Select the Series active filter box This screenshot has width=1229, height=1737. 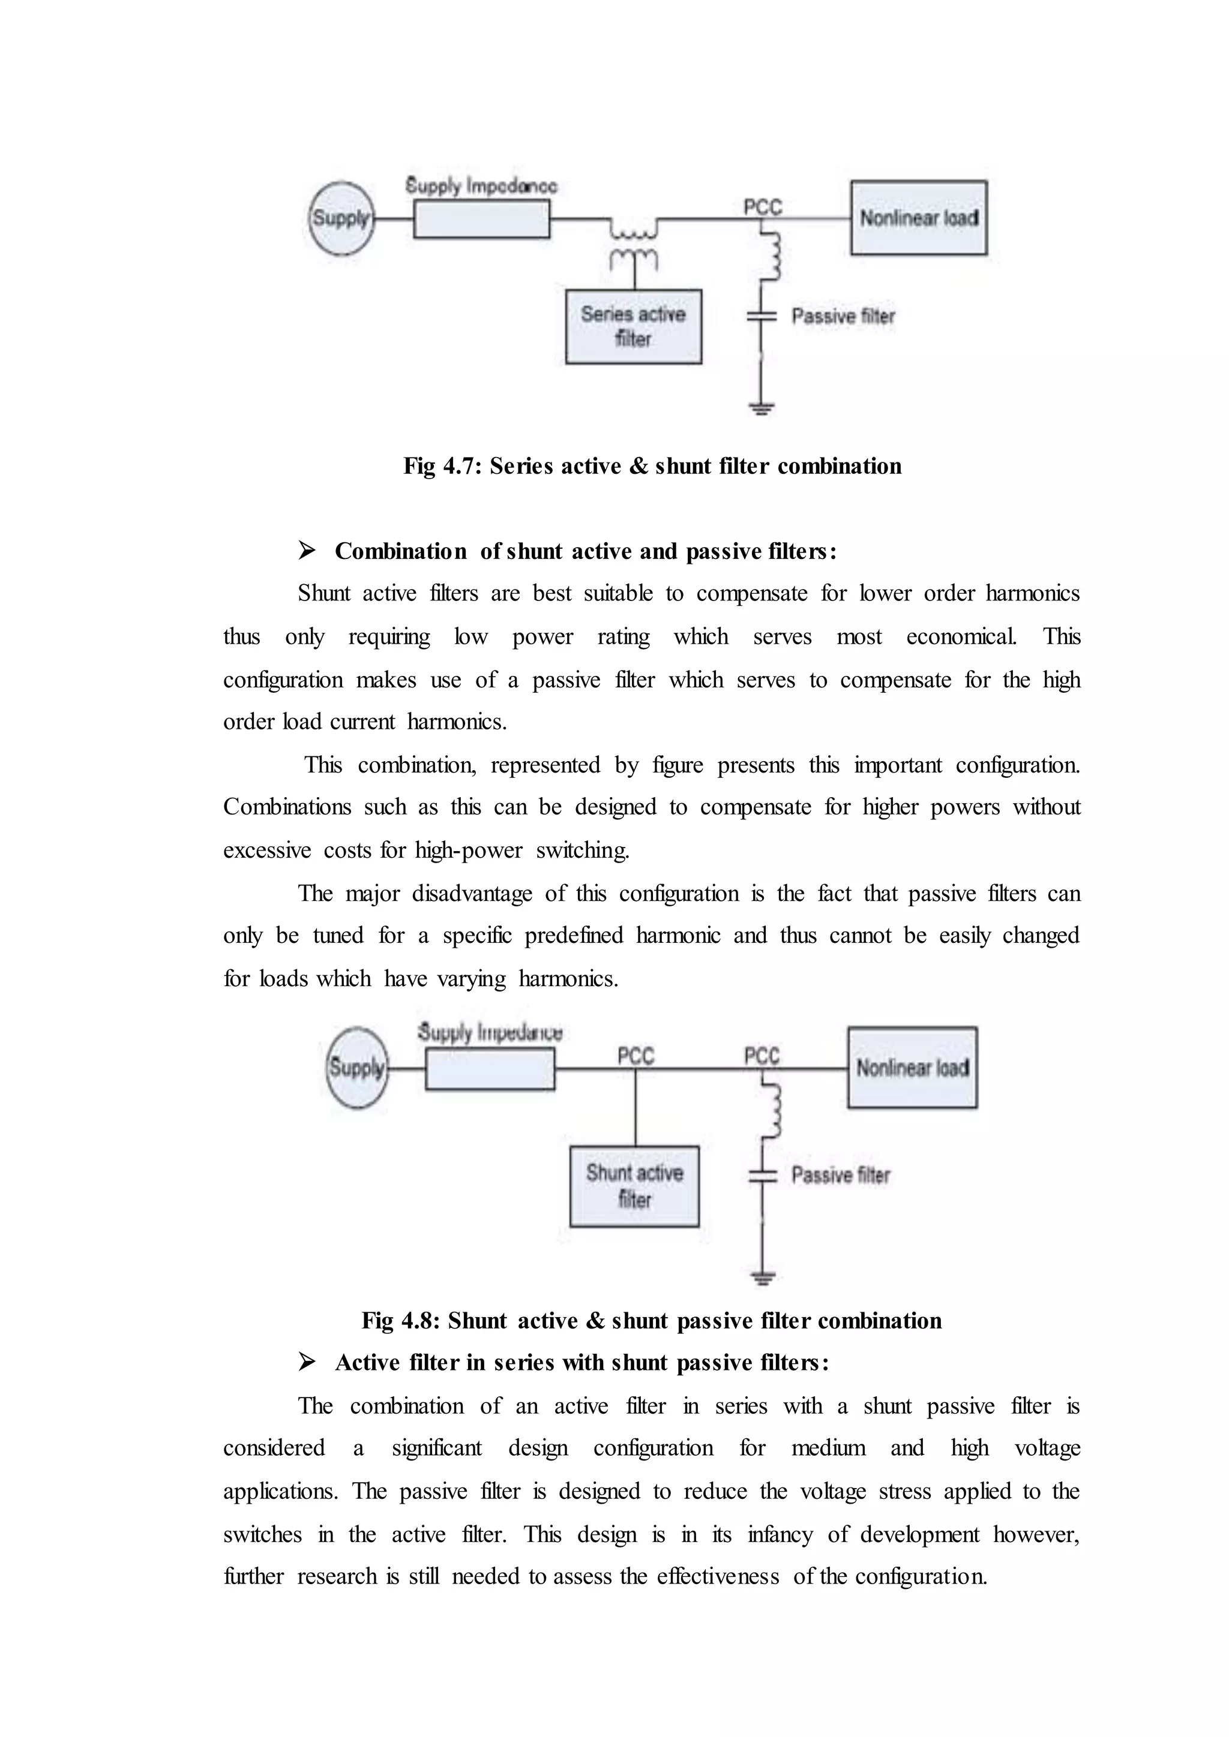click(634, 327)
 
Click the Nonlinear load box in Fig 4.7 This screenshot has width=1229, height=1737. click(919, 218)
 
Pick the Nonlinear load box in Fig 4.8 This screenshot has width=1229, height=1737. click(913, 1068)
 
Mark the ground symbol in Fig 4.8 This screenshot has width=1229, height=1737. click(763, 1279)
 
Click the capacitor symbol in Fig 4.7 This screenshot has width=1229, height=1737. click(762, 316)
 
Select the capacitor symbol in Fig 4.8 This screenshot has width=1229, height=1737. click(763, 1176)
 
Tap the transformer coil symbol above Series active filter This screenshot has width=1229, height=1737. click(634, 241)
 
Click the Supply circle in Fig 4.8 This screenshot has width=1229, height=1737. click(357, 1068)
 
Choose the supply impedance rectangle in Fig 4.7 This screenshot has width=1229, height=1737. click(481, 220)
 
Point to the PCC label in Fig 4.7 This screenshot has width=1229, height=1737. click(762, 206)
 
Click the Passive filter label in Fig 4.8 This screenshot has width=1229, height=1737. click(841, 1175)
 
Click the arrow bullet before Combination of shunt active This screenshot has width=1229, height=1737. click(307, 551)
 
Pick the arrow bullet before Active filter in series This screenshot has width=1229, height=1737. click(307, 1363)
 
